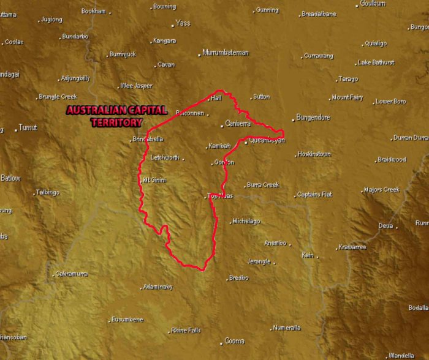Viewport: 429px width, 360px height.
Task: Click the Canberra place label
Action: coord(238,124)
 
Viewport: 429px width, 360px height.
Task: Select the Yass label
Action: coord(183,23)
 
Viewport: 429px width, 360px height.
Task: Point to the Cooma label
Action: coord(235,341)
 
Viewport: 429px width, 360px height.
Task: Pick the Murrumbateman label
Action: coord(226,53)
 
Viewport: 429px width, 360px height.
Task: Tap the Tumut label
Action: coord(28,128)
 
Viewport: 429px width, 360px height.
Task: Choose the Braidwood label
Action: coord(392,160)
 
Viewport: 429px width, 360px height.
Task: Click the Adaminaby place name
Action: coord(158,287)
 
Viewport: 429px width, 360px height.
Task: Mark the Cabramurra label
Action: coord(71,274)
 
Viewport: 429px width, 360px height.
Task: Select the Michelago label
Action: coord(246,221)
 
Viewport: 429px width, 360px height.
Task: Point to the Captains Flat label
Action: coord(314,194)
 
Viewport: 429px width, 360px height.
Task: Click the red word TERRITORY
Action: coord(116,122)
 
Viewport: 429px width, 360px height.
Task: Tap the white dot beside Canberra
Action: coord(222,126)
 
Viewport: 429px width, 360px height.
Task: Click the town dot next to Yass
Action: coord(173,25)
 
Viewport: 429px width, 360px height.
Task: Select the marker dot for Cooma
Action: coord(222,343)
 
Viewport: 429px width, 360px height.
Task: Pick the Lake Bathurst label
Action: coord(376,62)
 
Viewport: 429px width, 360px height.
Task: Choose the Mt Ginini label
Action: coord(154,180)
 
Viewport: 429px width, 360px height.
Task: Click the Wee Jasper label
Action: coord(137,86)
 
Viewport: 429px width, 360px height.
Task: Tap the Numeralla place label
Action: coord(287,328)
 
